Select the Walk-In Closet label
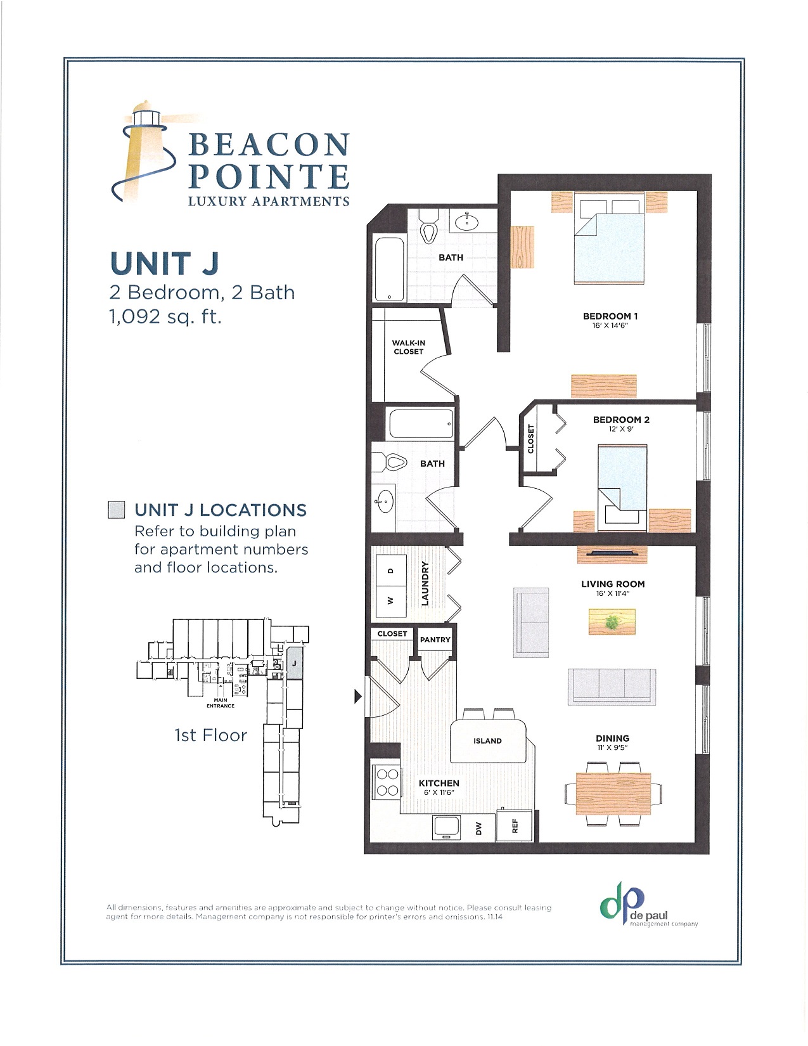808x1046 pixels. (x=408, y=347)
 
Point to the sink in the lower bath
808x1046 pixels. (x=384, y=503)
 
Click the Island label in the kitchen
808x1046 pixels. (x=487, y=740)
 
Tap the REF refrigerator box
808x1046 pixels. (x=515, y=825)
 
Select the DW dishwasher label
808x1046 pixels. (x=479, y=828)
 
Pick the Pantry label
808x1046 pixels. (x=435, y=640)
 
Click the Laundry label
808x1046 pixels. (x=425, y=583)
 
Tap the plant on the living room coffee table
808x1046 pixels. (x=612, y=623)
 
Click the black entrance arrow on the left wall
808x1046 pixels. (x=357, y=697)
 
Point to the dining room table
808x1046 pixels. (x=613, y=794)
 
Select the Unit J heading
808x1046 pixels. (x=164, y=264)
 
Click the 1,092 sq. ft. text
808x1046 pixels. (x=165, y=316)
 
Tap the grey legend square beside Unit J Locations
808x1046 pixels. (x=115, y=510)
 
